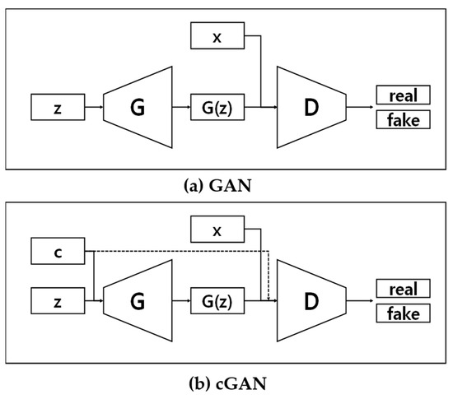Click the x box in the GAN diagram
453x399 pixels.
[x=218, y=35]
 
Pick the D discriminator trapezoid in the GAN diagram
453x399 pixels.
[x=311, y=106]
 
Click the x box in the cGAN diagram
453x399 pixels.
[x=218, y=230]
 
